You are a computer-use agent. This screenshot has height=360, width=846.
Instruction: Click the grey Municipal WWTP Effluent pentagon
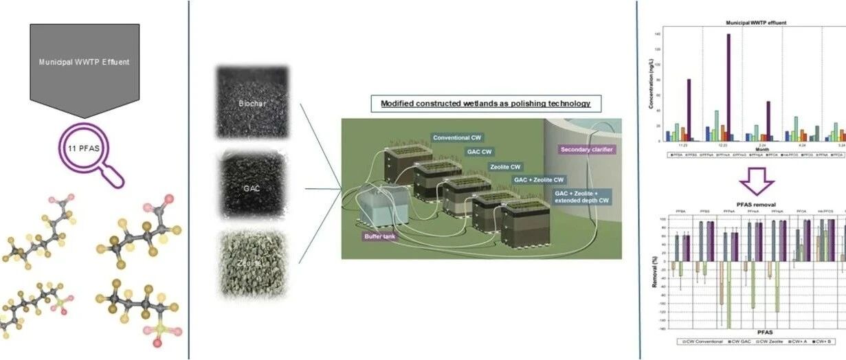[x=85, y=62]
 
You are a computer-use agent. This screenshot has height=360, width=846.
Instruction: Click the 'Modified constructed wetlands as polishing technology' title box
[x=481, y=104]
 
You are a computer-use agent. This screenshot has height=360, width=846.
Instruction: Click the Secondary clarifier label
[x=586, y=148]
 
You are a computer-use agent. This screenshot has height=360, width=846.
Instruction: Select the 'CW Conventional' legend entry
[x=697, y=341]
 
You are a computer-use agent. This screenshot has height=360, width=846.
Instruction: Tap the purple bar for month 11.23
[x=689, y=110]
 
